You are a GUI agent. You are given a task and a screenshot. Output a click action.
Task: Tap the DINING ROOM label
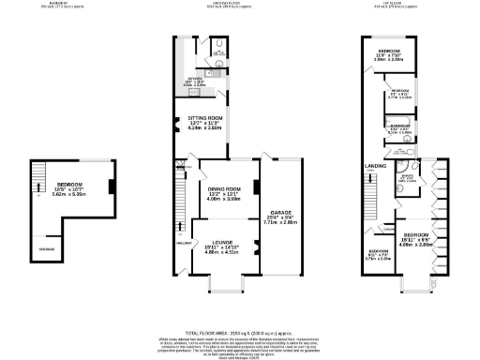pos(224,189)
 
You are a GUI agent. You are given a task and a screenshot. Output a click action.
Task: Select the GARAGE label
pos(280,213)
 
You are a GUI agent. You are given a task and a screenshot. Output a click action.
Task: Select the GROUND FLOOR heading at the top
pos(225,5)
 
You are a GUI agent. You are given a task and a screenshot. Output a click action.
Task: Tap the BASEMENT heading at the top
pos(57,5)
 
